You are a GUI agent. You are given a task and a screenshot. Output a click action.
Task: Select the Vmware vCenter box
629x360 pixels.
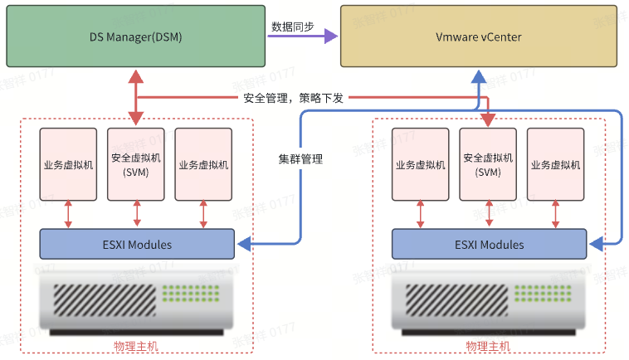point(479,36)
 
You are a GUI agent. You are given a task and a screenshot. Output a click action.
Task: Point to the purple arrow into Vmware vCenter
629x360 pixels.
point(330,36)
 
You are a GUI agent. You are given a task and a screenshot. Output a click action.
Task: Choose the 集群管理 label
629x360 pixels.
point(300,159)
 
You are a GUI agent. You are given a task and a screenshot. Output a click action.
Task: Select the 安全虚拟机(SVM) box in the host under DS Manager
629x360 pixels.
point(136,164)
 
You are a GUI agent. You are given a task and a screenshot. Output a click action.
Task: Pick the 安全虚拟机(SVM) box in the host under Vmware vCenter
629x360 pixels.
point(488,164)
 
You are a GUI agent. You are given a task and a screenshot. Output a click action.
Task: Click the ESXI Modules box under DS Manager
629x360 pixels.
point(137,245)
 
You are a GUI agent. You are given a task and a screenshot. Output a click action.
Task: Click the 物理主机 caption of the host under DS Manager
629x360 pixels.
point(135,345)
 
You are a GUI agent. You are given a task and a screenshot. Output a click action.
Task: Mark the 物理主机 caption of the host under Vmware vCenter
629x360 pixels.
point(487,345)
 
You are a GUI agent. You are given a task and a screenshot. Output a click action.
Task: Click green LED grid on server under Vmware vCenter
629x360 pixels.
point(537,294)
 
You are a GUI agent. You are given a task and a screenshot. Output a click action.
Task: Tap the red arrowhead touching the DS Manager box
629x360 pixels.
point(136,75)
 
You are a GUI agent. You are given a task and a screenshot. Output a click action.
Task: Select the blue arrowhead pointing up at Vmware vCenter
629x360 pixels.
point(478,76)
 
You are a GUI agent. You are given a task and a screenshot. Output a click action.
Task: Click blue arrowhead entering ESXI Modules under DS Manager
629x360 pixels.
point(243,245)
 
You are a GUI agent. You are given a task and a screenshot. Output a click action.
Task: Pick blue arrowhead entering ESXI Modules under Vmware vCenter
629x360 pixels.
point(595,245)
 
